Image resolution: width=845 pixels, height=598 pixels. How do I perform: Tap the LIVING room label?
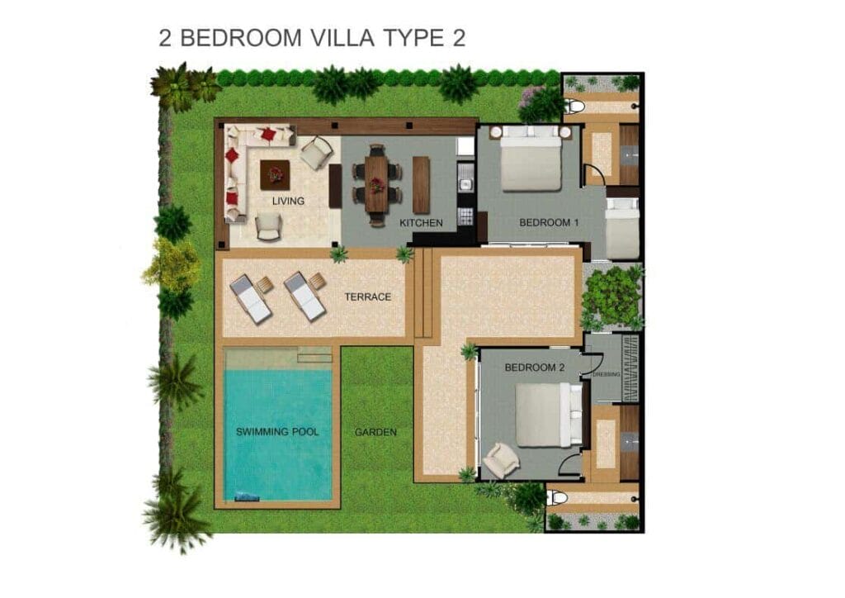288,201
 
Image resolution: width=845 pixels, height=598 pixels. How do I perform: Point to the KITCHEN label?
421,223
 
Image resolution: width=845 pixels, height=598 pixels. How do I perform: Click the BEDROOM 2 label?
534,368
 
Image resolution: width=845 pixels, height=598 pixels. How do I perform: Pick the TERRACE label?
367,297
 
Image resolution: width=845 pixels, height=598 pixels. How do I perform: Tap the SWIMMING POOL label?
277,432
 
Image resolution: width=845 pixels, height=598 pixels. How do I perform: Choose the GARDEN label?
375,432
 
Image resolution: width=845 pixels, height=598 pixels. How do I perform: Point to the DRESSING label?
606,374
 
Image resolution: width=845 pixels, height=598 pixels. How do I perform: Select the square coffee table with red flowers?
275,174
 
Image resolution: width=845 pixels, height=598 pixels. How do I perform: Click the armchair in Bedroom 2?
500,459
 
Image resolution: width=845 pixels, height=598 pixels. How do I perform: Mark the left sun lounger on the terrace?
250,298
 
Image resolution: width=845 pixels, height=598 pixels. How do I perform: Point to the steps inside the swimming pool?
314,357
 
